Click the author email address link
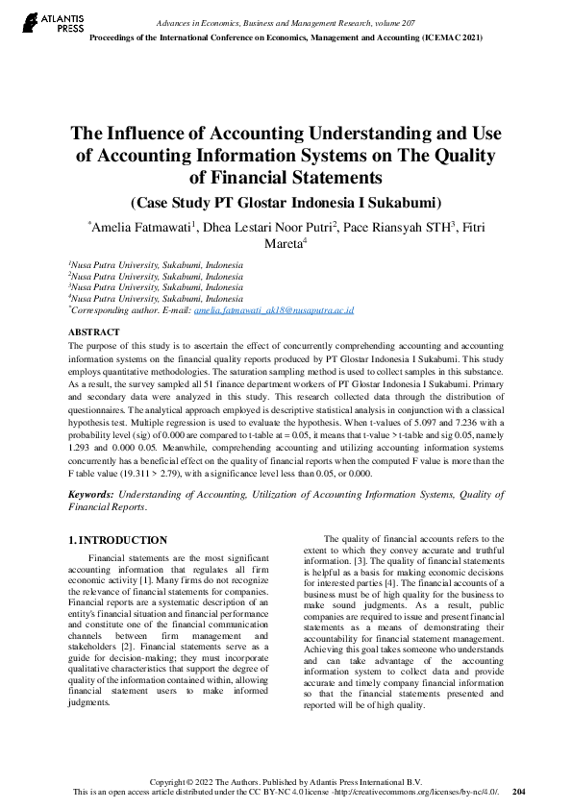click(274, 311)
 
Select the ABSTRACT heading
click(93, 332)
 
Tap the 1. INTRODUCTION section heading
click(118, 540)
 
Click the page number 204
click(519, 792)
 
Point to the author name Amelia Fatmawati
click(141, 228)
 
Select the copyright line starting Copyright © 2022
click(286, 781)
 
